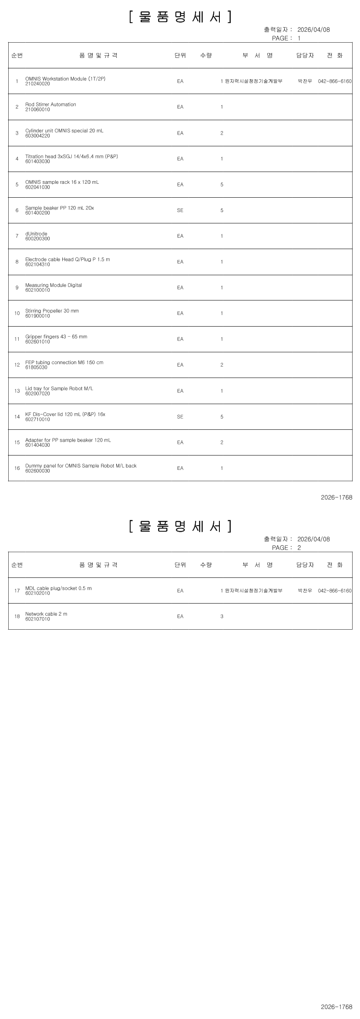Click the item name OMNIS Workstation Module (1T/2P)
(x=65, y=79)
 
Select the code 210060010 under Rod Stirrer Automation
(x=37, y=110)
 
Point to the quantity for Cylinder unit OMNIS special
(x=222, y=133)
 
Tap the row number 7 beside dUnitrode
(x=17, y=236)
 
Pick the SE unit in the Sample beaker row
(x=180, y=210)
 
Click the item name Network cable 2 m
(x=46, y=614)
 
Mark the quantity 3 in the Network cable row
(x=222, y=617)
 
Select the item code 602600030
(x=37, y=471)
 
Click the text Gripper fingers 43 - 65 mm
(x=56, y=337)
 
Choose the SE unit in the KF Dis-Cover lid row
(x=180, y=417)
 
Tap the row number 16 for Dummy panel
(x=17, y=468)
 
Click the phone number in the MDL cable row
(x=335, y=590)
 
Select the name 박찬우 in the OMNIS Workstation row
(x=305, y=81)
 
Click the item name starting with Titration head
(x=71, y=156)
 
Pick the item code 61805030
(x=37, y=368)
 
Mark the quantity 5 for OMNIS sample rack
(x=222, y=185)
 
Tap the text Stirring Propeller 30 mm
(x=52, y=311)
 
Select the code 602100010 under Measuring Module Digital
(x=37, y=290)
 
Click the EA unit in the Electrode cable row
(x=180, y=262)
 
